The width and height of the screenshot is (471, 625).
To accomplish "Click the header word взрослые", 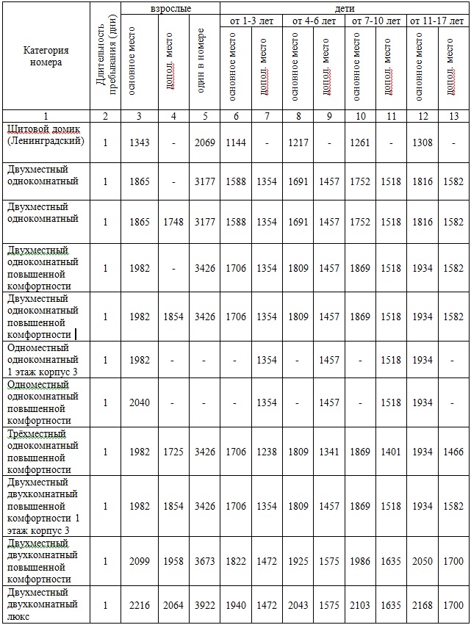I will coord(170,7).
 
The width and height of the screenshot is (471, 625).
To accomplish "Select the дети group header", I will coord(345,7).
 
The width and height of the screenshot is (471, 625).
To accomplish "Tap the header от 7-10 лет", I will coord(376,21).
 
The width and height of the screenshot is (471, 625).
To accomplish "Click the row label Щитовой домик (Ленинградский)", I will coord(46,134).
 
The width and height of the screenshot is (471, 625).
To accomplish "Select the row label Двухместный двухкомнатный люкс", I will coord(43,604).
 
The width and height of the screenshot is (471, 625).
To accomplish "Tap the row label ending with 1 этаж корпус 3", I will coord(43,360).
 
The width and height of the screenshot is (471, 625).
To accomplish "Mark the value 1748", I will coord(173,222).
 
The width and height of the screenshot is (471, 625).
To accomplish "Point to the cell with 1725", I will coord(173,452).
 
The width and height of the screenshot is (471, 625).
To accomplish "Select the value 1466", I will coord(453,452).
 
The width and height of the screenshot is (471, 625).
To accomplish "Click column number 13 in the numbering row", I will coord(453,116).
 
